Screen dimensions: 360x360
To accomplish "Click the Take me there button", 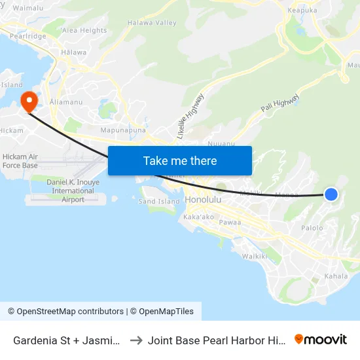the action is [x=180, y=160].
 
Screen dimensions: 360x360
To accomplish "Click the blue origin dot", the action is [x=331, y=194].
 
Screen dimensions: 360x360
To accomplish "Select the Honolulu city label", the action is [x=205, y=200].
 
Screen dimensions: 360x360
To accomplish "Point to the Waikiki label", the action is [x=255, y=256].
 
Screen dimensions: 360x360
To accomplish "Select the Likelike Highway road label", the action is [x=190, y=115].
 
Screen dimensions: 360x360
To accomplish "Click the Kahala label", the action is [x=337, y=276].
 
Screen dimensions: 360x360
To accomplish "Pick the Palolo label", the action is [x=312, y=228].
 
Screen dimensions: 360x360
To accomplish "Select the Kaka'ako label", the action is [x=200, y=216].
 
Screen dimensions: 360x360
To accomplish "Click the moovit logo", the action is [x=320, y=340].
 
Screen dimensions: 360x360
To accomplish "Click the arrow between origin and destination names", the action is [x=137, y=340].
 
